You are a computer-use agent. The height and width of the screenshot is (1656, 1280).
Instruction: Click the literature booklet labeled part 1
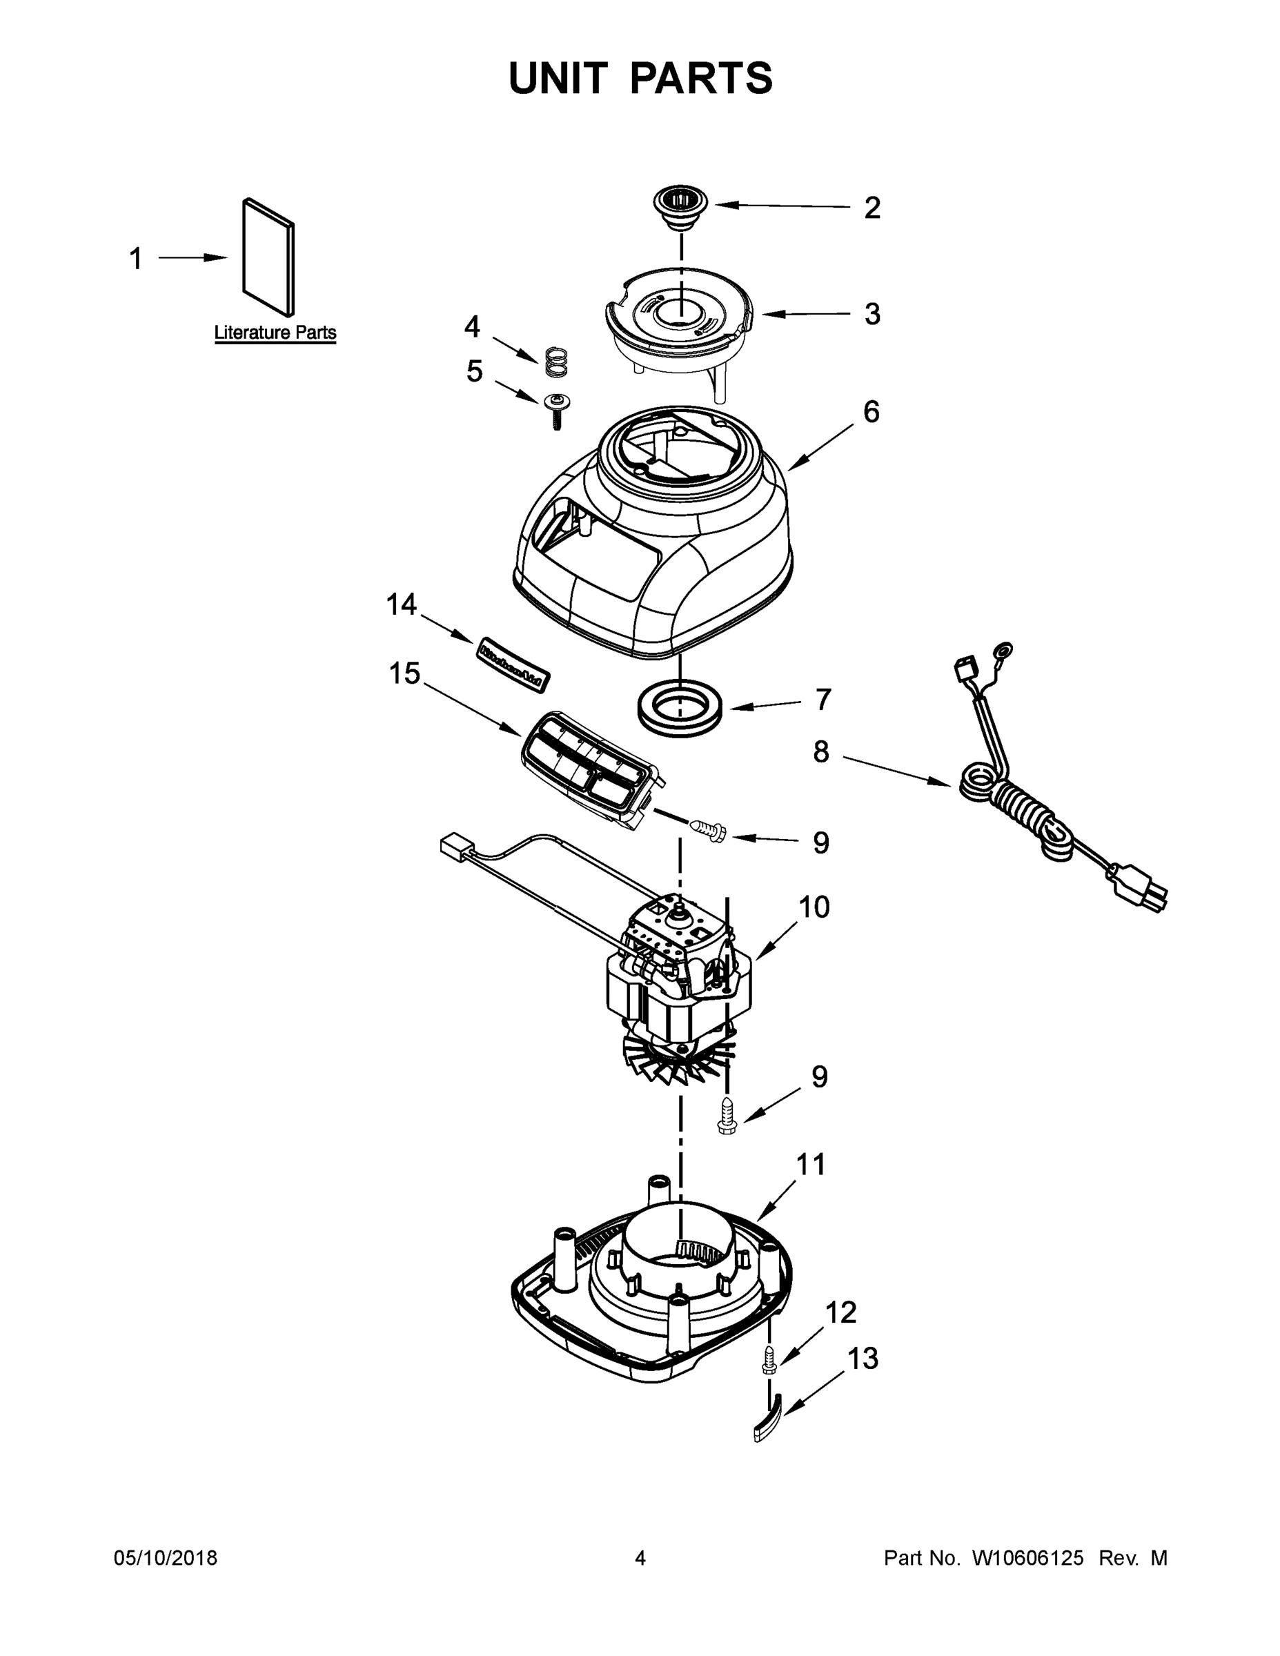click(x=268, y=258)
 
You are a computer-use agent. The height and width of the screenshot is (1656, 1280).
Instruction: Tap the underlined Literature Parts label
click(x=275, y=332)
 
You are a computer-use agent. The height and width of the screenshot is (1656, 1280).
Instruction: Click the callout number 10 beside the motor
click(x=814, y=907)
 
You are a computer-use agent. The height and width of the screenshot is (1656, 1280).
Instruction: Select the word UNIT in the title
click(x=558, y=78)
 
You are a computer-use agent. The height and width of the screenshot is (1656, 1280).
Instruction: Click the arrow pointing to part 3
click(x=804, y=313)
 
